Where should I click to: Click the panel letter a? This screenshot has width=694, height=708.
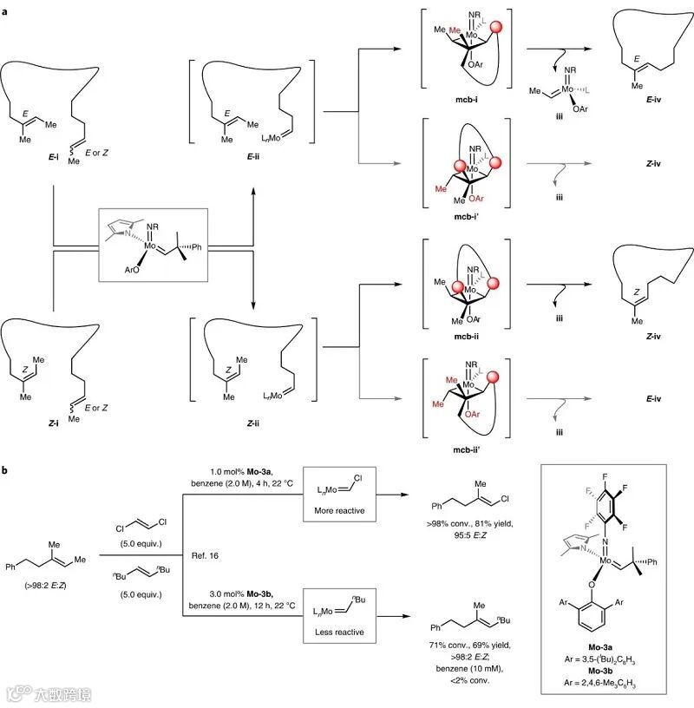(6, 10)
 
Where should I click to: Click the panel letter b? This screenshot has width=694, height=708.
(6, 469)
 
